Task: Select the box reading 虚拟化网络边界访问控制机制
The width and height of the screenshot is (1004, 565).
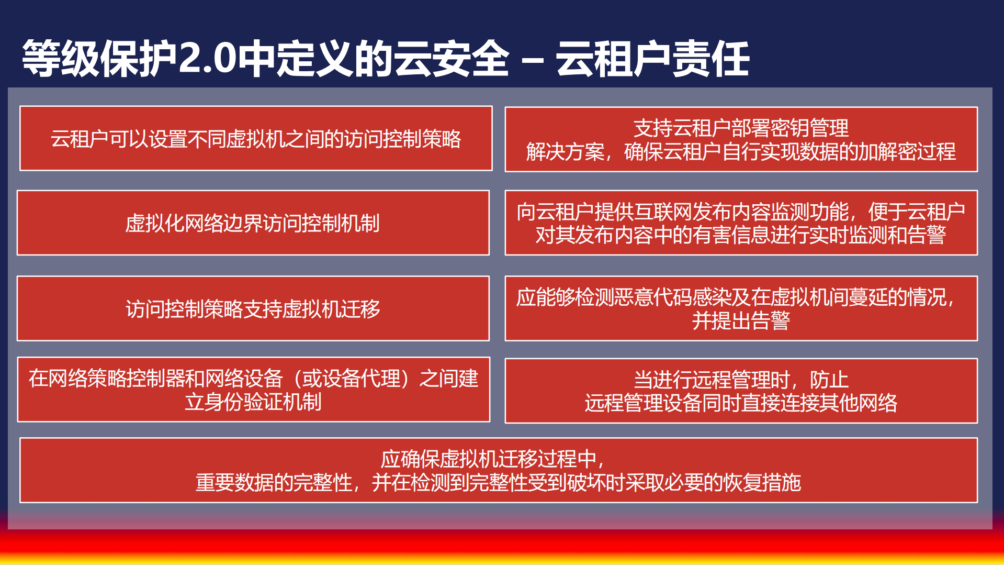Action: [253, 223]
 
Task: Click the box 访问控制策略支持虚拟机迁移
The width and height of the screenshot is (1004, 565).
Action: [253, 308]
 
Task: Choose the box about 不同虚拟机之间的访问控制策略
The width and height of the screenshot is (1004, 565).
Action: [256, 139]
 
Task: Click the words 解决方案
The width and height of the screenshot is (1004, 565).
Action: [565, 152]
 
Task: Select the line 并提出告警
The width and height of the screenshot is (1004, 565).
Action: [741, 320]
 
